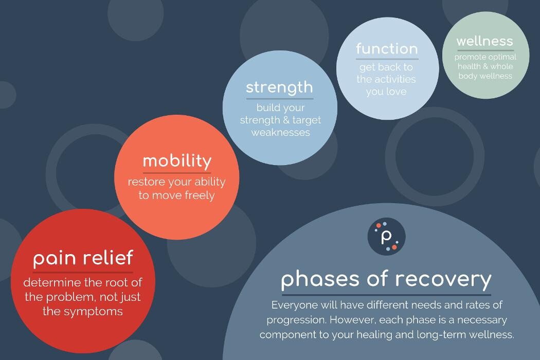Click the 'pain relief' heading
(x=83, y=258)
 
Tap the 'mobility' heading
(x=177, y=161)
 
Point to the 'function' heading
(x=387, y=49)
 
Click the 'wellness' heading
(x=484, y=41)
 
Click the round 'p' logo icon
(x=387, y=237)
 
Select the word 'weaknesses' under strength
(x=280, y=133)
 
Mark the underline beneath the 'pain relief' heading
(x=83, y=272)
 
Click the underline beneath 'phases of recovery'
(x=386, y=295)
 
